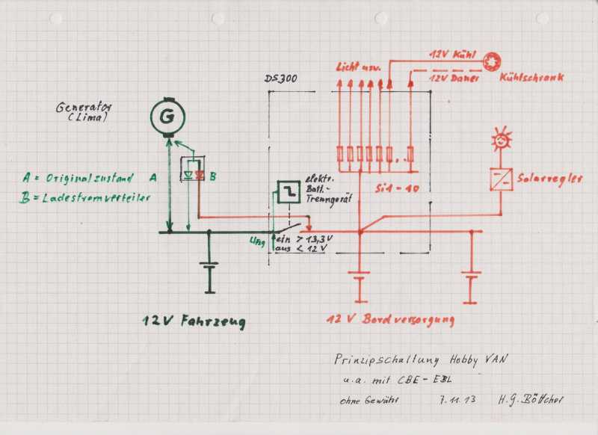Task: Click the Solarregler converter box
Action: coord(500,179)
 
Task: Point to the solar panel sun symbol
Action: coord(500,138)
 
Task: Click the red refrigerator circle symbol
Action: coord(492,61)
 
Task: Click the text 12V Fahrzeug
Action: coord(194,321)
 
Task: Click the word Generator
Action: coord(83,107)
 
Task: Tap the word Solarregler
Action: coord(549,180)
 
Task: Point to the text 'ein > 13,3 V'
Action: coord(304,238)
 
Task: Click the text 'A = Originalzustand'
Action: coord(78,179)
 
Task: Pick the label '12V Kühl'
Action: coord(452,55)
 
